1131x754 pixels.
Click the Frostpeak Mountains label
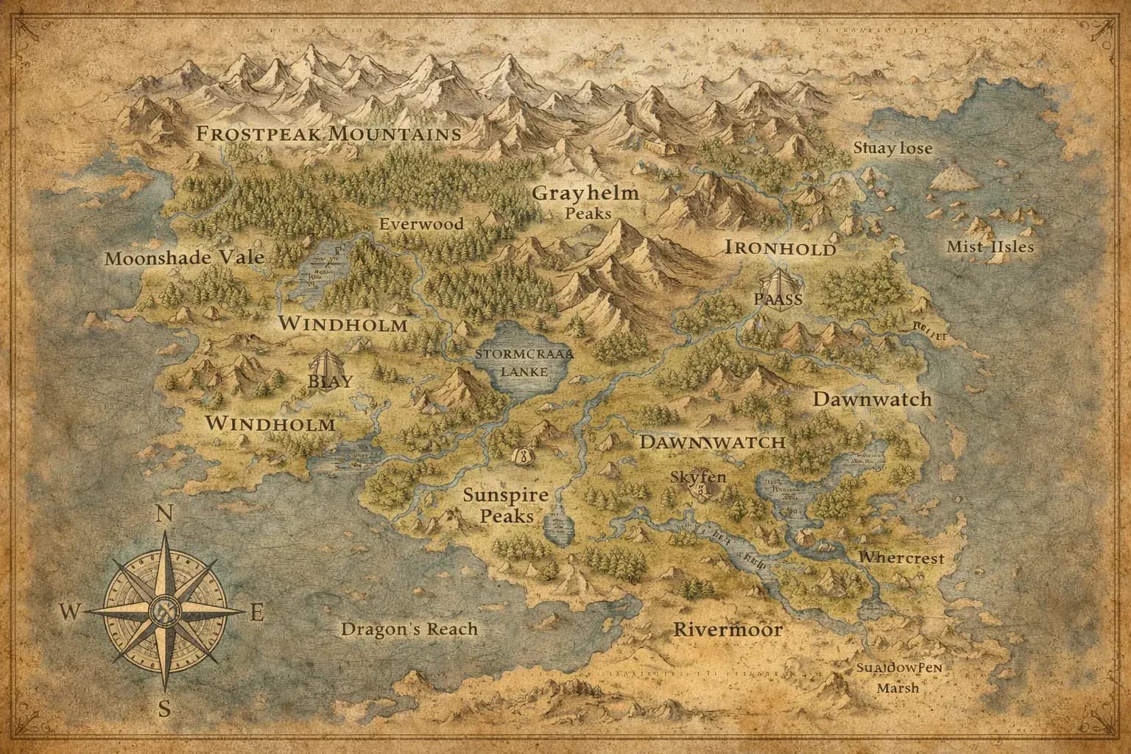pyautogui.click(x=328, y=134)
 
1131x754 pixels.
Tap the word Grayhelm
pyautogui.click(x=585, y=194)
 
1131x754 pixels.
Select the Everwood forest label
pyautogui.click(x=421, y=224)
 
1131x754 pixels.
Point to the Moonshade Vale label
pyautogui.click(x=184, y=258)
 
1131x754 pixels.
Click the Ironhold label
pyautogui.click(x=781, y=248)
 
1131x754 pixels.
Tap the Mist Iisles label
pyautogui.click(x=990, y=247)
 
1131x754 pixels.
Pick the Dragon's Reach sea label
pyautogui.click(x=409, y=629)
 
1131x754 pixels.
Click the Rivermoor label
pyautogui.click(x=728, y=630)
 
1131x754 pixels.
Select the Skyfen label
pyautogui.click(x=698, y=476)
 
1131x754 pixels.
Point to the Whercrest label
pyautogui.click(x=901, y=558)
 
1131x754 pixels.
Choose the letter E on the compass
pyautogui.click(x=257, y=613)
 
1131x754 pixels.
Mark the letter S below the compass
pyautogui.click(x=165, y=709)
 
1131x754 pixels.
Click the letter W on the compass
pyautogui.click(x=70, y=611)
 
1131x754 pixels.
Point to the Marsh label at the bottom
pyautogui.click(x=898, y=688)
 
